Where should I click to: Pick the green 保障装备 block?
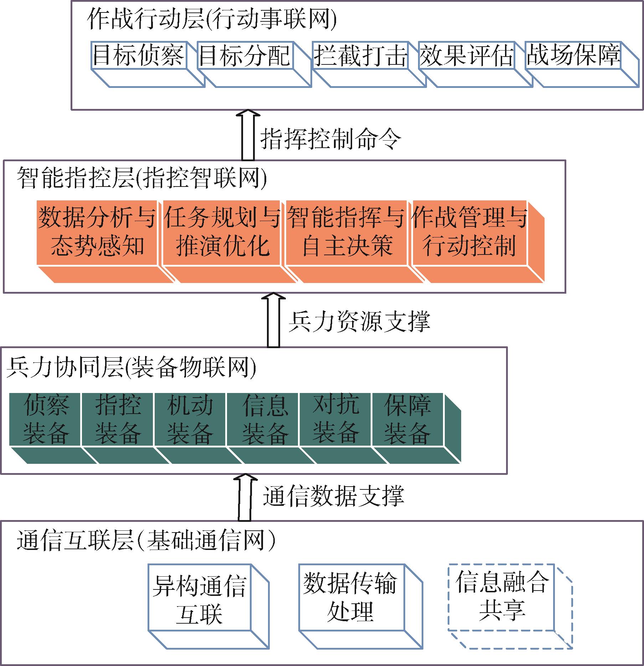(417, 428)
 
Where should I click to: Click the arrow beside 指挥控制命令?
(248, 135)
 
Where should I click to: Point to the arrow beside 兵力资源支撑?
(273, 320)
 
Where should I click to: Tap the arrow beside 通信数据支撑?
(244, 497)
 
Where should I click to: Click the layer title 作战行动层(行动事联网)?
(212, 20)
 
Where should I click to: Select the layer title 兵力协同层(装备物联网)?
(132, 368)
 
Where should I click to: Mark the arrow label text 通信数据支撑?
(334, 496)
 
